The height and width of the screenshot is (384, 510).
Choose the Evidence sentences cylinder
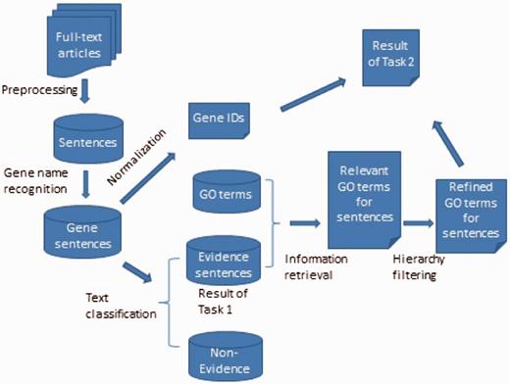[x=225, y=262]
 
